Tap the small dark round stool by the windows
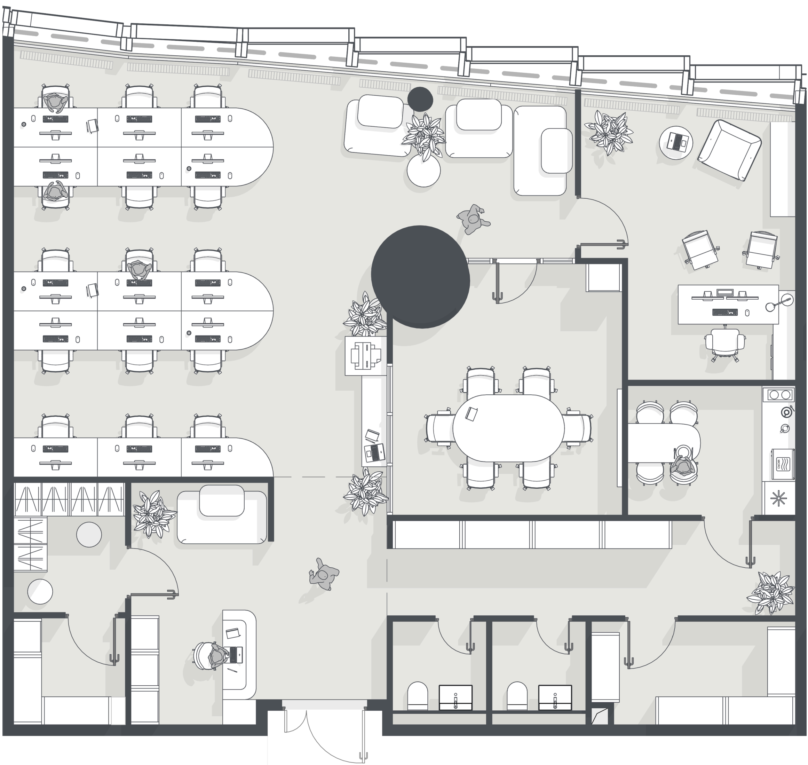[x=420, y=99]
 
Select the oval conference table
[x=508, y=428]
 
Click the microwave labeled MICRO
[x=783, y=464]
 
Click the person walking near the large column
[x=473, y=219]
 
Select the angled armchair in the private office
[x=729, y=150]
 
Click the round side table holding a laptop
[x=676, y=143]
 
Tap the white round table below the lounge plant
[x=423, y=171]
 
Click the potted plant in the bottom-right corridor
[x=770, y=592]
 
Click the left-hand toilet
[x=418, y=696]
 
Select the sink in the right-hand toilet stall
[x=555, y=698]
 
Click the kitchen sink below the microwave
[x=779, y=498]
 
